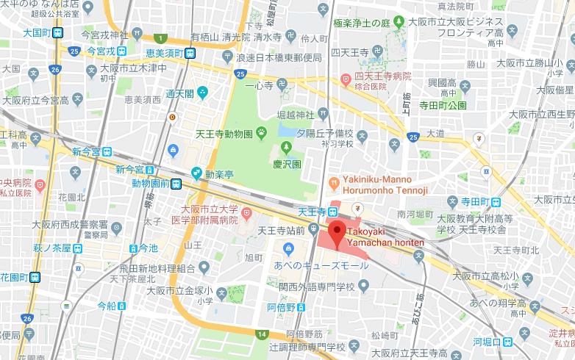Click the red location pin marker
[x=337, y=233]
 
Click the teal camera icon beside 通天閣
[x=202, y=93]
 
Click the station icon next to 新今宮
[x=107, y=152]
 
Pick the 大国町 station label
[x=35, y=32]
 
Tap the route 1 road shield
[x=160, y=37]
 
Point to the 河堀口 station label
[x=488, y=342]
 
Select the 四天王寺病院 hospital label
[x=378, y=76]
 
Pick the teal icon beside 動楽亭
[x=196, y=173]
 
